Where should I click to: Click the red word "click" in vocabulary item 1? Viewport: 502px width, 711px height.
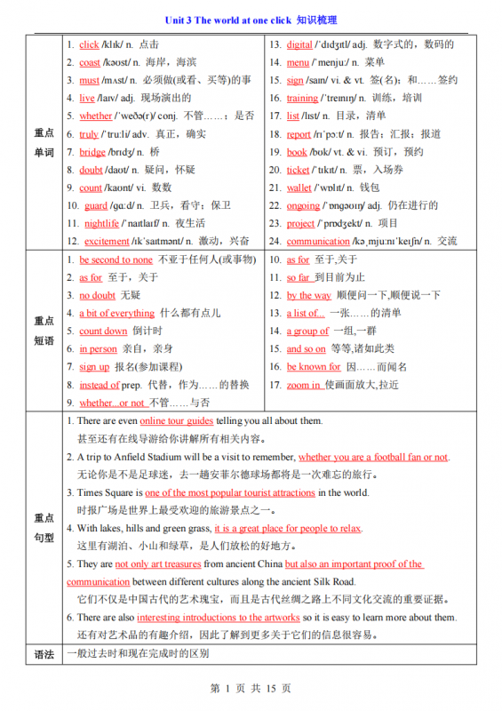coord(89,44)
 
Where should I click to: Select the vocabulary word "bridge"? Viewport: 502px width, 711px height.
coord(92,152)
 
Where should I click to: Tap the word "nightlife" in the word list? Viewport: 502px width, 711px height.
coord(101,223)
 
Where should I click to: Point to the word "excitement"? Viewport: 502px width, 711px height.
coord(107,241)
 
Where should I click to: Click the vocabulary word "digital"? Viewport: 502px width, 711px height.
coord(299,44)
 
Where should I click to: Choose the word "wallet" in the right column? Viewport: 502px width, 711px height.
coord(299,188)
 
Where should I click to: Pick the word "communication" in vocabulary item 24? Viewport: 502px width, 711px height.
coord(318,241)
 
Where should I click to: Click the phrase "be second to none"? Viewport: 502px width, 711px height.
coord(116,260)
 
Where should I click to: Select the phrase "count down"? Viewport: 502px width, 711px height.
coord(103,331)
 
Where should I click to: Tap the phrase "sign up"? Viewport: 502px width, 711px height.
coord(94,366)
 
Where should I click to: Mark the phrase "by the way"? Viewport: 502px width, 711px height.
coord(309,295)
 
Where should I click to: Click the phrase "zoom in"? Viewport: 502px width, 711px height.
coord(304,385)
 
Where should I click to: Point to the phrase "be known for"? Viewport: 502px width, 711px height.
coord(314,366)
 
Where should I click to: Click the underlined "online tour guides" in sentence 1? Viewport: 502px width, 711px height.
coord(176,420)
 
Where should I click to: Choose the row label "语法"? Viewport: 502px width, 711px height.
coord(44,654)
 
